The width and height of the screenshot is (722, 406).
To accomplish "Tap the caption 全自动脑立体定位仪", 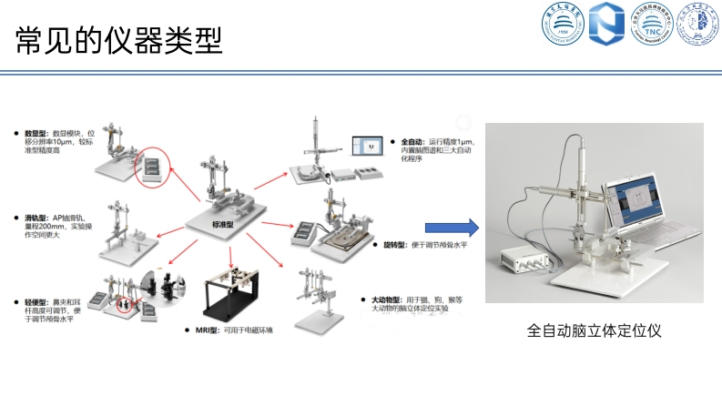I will click(x=593, y=330).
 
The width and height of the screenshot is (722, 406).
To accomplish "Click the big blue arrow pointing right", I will click(x=453, y=228).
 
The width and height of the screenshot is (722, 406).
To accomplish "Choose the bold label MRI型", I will click(x=208, y=330).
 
